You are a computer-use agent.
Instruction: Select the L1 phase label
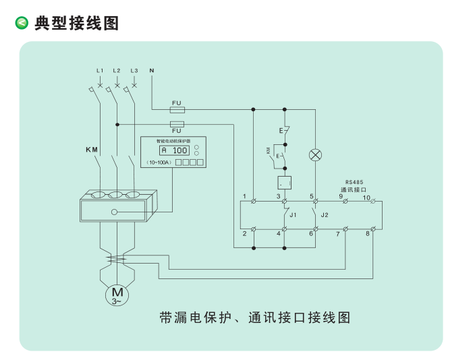[x=100, y=71]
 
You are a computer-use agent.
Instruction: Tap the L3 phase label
[x=134, y=71]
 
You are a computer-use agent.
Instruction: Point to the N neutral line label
[x=152, y=70]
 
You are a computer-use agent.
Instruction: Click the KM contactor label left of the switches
[x=92, y=149]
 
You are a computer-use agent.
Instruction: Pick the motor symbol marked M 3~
[x=117, y=294]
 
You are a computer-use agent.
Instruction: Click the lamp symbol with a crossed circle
[x=314, y=154]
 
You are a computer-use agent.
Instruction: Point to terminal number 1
[x=244, y=196]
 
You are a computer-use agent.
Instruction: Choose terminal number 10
[x=366, y=197]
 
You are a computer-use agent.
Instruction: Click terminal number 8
[x=368, y=233]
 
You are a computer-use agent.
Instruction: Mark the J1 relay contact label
[x=293, y=214]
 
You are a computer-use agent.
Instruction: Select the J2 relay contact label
[x=325, y=214]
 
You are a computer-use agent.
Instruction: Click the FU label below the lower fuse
[x=177, y=131]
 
